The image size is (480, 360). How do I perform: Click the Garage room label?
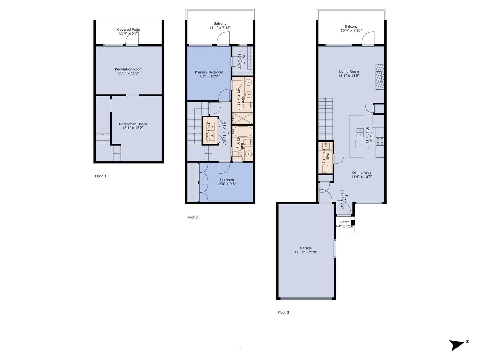click(306, 248)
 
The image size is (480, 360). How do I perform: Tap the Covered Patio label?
click(128, 29)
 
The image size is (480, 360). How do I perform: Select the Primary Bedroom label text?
click(209, 72)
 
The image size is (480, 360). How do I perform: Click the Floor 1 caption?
click(100, 176)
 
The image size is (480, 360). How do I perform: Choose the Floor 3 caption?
click(283, 312)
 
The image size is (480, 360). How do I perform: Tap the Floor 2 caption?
click(192, 217)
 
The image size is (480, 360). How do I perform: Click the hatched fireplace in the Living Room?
click(380, 77)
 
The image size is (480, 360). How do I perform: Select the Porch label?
click(345, 222)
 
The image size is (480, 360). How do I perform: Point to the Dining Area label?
click(362, 173)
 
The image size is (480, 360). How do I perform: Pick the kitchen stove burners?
click(380, 141)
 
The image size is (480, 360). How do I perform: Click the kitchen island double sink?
click(360, 133)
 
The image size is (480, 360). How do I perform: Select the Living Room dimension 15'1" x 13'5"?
click(349, 76)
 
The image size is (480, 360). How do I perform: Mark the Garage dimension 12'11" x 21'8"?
click(306, 252)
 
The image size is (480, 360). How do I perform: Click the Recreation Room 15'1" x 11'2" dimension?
click(129, 73)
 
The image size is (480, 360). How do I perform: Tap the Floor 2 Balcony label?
click(220, 23)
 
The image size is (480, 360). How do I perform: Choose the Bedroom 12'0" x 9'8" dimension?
click(226, 184)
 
